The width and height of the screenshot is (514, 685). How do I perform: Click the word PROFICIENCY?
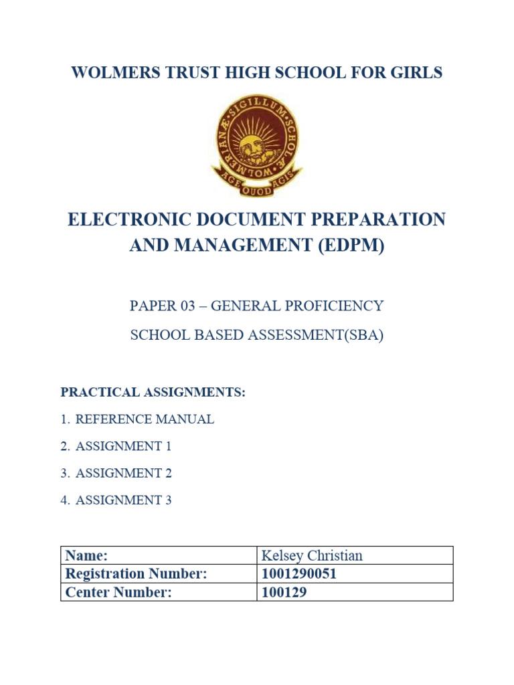pos(337,306)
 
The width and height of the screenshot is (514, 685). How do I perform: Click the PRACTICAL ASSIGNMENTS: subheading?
pos(153,392)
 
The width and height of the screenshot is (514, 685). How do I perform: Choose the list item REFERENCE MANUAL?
pos(145,419)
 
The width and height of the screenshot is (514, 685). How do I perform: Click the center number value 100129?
pos(284,592)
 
